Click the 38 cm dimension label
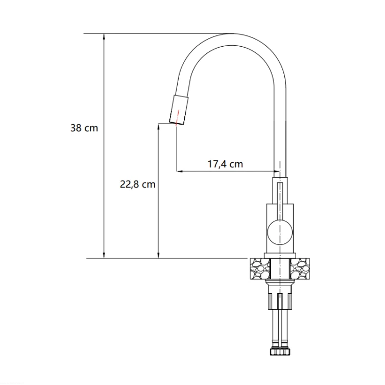click(84, 128)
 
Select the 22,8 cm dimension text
click(138, 184)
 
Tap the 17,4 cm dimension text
click(225, 164)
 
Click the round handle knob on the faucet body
click(280, 232)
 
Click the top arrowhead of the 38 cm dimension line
click(104, 36)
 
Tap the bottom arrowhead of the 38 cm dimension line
click(104, 255)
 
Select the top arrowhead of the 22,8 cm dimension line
click(159, 127)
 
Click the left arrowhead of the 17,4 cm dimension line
click(180, 171)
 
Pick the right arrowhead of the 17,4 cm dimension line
click(277, 171)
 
